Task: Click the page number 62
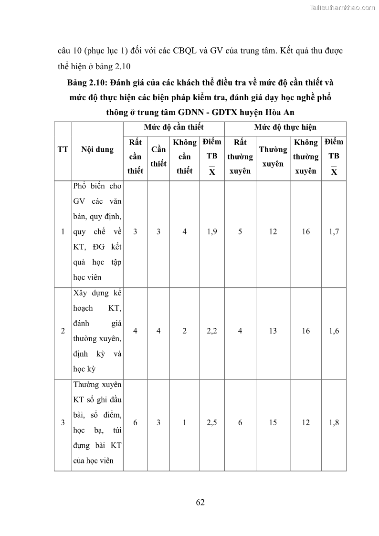[x=200, y=502]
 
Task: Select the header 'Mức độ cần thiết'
[x=174, y=127]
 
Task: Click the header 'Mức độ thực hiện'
[x=285, y=127]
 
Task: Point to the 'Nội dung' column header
[x=97, y=149]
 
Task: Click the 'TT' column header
[x=63, y=149]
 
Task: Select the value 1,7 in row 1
[x=334, y=231]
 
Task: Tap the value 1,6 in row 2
[x=334, y=331]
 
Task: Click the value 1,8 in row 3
[x=334, y=422]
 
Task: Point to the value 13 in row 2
[x=273, y=331]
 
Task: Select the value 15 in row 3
[x=273, y=422]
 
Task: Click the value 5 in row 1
[x=240, y=231]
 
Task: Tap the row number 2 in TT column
[x=63, y=331]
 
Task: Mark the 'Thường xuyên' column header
[x=273, y=157]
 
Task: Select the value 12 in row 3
[x=305, y=422]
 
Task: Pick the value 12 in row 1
[x=273, y=231]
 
